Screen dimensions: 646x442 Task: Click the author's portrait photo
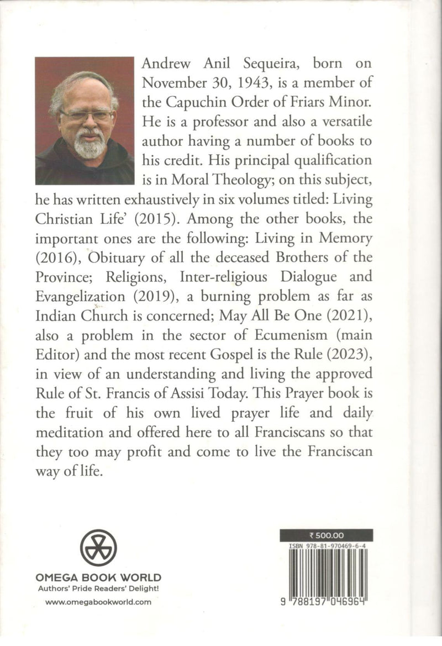[x=85, y=120]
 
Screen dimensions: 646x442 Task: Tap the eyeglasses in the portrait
[x=87, y=115]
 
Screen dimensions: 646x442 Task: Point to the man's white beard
[x=90, y=145]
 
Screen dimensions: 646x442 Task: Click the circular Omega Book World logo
[x=98, y=548]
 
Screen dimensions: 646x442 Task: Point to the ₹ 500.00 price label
[x=326, y=535]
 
